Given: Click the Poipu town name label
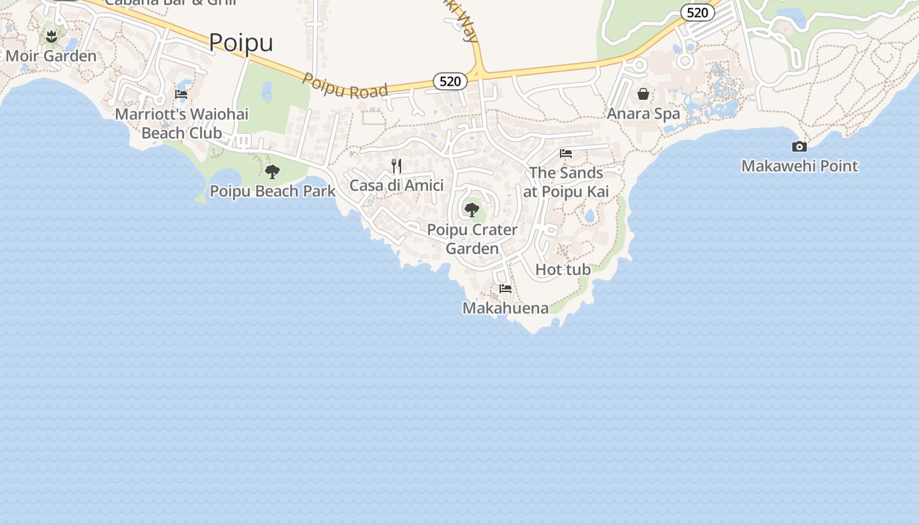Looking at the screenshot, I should click(241, 43).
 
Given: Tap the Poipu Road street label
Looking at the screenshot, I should click(345, 87).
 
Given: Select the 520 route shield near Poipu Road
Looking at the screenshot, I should click(450, 81).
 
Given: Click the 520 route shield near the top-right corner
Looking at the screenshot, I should click(697, 12).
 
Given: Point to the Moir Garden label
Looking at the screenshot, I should click(51, 56).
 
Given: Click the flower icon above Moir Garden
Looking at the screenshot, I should click(52, 36).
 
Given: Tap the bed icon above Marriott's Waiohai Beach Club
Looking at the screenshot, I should click(181, 94).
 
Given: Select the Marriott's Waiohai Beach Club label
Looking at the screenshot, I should click(182, 123).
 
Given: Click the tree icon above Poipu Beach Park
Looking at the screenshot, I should click(272, 172).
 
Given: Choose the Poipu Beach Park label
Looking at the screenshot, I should click(272, 192).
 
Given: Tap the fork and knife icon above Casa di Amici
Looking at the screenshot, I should click(396, 165).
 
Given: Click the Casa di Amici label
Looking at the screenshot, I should click(396, 186).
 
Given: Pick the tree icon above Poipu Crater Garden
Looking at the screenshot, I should click(471, 210).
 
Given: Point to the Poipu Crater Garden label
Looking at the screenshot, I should click(473, 240).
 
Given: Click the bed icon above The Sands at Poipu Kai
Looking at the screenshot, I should click(566, 154).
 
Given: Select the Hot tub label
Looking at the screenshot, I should click(563, 270).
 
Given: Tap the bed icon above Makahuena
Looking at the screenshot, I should click(505, 289).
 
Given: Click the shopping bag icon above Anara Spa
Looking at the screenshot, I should click(643, 94).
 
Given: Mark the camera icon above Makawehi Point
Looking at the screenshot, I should click(800, 146).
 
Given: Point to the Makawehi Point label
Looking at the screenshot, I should click(800, 166).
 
